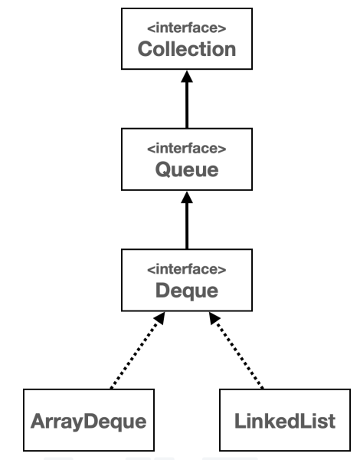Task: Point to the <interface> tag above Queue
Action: click(x=187, y=149)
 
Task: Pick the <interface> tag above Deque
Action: click(x=187, y=270)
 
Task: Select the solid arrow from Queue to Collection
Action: click(x=187, y=104)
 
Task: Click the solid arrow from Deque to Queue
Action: click(x=187, y=224)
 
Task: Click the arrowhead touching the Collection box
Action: click(x=187, y=76)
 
